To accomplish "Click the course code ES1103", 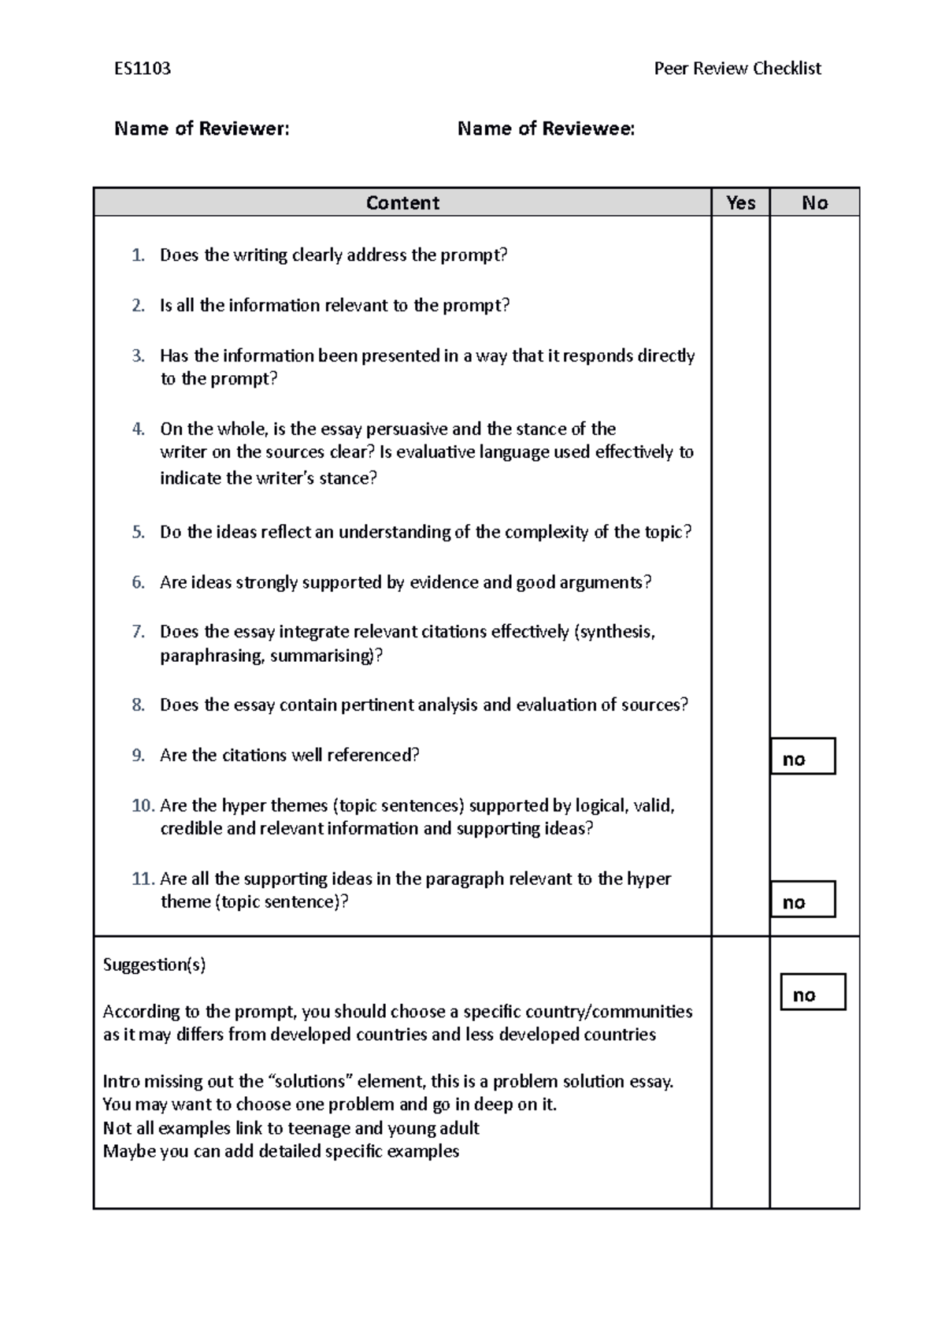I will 143,69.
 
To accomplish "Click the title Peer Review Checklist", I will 737,69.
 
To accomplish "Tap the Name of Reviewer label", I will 202,128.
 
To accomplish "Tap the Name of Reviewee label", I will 546,128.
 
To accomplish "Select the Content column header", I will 402,203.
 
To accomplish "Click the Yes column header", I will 740,203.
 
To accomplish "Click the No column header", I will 814,203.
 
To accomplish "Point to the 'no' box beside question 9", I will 802,757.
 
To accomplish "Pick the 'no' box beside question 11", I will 802,900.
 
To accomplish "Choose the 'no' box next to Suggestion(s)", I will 813,993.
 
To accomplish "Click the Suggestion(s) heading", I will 154,964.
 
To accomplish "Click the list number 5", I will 139,532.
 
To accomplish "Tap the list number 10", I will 143,805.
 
